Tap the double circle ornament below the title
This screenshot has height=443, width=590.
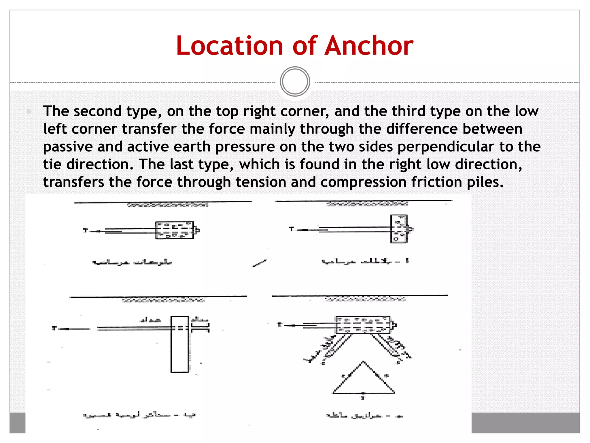295,82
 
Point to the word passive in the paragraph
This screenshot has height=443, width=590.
68,147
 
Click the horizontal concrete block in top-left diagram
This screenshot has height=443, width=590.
174,230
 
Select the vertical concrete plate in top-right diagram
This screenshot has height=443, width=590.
399,229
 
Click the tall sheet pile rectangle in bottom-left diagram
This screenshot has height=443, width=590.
180,344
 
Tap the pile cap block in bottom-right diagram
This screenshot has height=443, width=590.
363,325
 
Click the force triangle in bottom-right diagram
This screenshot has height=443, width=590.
364,381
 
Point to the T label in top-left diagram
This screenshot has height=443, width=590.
85,230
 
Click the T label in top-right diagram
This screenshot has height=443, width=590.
291,229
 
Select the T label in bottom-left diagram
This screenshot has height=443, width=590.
54,328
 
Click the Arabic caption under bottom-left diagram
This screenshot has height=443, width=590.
139,415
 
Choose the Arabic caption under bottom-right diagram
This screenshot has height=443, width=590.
364,416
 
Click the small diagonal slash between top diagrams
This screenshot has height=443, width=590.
259,263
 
